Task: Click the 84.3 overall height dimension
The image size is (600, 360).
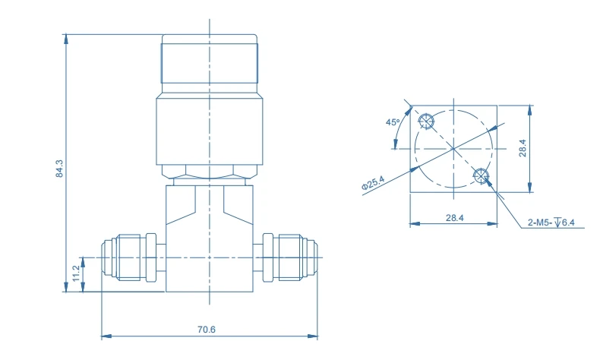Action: (59, 169)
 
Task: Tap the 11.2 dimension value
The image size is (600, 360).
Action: (76, 273)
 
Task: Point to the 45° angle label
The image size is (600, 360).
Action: (392, 122)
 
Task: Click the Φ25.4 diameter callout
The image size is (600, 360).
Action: (373, 184)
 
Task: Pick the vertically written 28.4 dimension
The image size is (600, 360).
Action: (523, 148)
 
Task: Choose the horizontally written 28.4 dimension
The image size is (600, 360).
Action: (454, 218)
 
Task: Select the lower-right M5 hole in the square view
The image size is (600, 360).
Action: (480, 175)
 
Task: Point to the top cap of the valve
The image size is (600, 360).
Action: (210, 64)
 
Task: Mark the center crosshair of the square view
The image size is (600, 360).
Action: (453, 148)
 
